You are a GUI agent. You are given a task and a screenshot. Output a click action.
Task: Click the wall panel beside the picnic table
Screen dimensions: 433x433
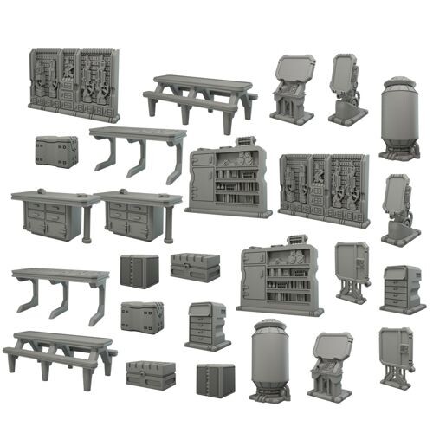click(74, 84)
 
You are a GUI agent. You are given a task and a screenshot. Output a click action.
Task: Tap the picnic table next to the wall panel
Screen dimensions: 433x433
click(199, 97)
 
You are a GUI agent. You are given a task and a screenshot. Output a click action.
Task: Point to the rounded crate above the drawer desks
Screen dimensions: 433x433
click(56, 151)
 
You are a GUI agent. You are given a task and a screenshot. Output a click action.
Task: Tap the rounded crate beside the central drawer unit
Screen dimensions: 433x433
click(142, 317)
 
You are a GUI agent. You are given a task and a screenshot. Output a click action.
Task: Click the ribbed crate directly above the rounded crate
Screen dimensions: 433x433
click(139, 270)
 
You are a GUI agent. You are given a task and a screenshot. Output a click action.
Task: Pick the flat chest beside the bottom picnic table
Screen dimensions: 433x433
click(151, 374)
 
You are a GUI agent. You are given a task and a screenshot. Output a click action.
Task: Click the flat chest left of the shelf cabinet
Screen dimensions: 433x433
click(195, 267)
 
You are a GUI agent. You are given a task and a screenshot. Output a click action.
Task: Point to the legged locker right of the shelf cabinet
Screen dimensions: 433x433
click(352, 271)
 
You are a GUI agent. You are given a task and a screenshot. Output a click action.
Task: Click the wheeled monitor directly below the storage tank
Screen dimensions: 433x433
click(397, 208)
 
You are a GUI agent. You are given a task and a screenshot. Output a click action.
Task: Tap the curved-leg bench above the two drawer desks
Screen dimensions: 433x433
click(139, 147)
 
